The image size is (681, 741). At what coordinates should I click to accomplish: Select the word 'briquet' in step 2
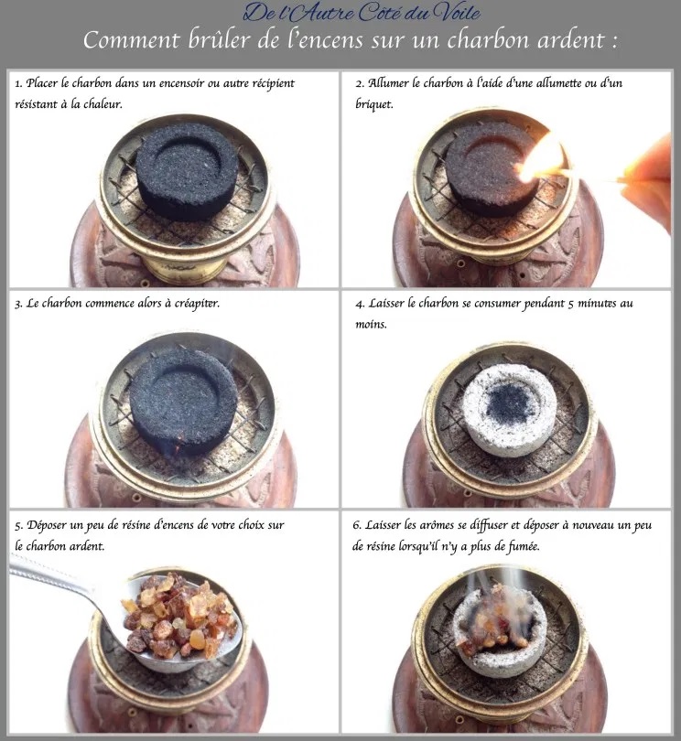click(374, 104)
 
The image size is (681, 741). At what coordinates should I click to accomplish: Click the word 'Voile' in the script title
click(459, 13)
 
